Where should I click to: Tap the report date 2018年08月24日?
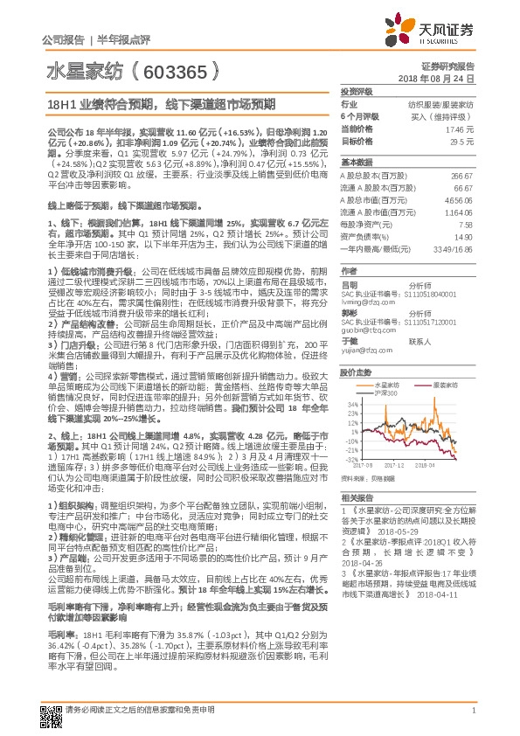pos(446,78)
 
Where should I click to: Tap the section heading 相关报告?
pos(356,496)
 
